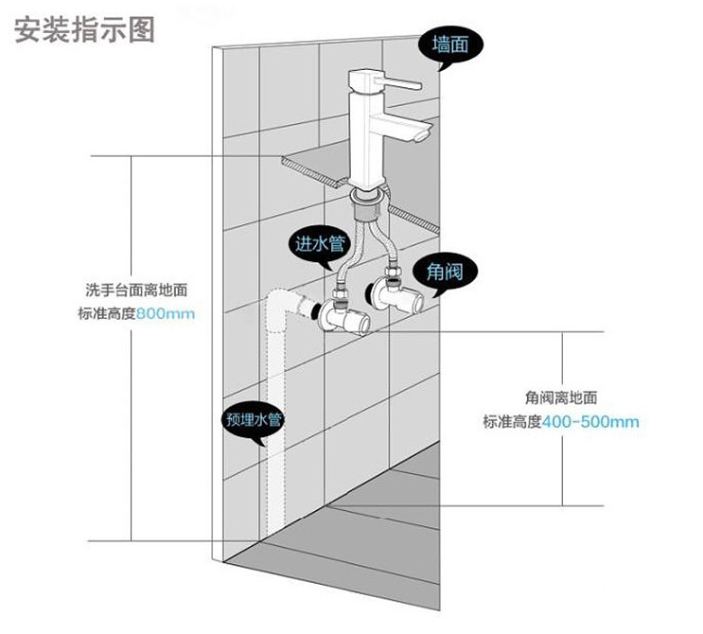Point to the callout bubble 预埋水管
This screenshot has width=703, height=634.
[253, 419]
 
